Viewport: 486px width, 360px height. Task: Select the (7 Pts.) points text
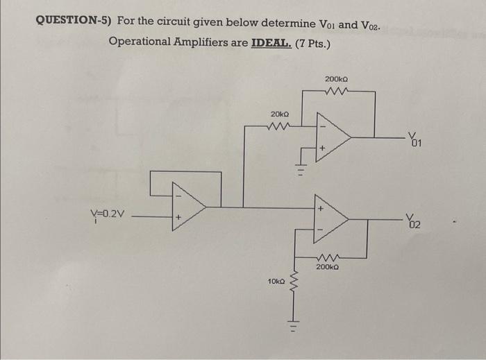[x=312, y=42]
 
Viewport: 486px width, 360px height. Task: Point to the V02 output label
[x=414, y=221]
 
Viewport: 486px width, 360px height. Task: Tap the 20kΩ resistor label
[x=280, y=113]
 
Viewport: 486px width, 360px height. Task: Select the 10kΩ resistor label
[x=276, y=282]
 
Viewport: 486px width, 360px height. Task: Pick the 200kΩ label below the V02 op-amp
[x=327, y=266]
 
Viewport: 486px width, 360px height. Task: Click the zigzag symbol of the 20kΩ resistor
[x=279, y=126]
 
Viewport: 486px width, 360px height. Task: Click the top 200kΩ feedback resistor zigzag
[x=336, y=92]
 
